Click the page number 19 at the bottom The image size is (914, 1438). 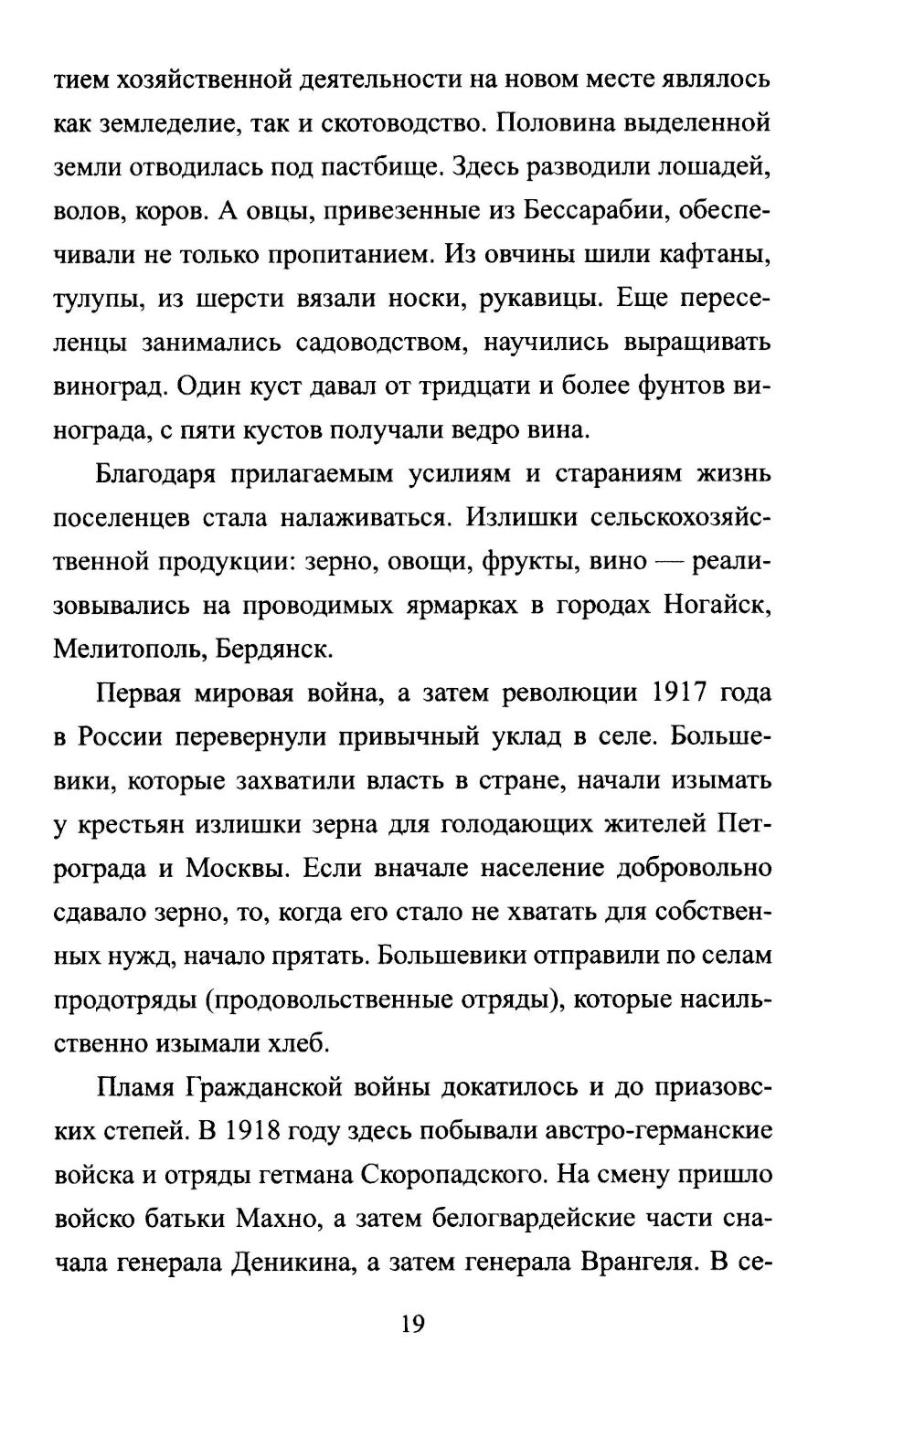413,1324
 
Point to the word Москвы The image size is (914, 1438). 237,868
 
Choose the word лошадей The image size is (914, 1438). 718,167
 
